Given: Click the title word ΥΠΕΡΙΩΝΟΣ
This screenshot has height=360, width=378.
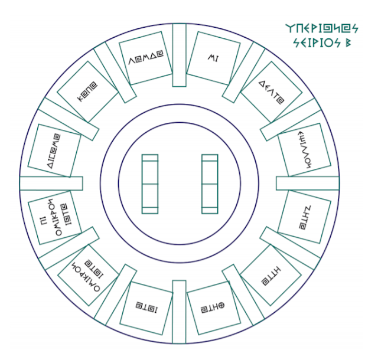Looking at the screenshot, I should pos(321,28).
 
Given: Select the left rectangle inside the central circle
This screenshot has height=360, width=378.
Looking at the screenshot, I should pos(150,184).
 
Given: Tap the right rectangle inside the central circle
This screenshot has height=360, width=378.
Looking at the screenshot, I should pos(210,184).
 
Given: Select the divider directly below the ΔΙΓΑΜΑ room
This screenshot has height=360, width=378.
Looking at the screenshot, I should pos(50,184).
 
